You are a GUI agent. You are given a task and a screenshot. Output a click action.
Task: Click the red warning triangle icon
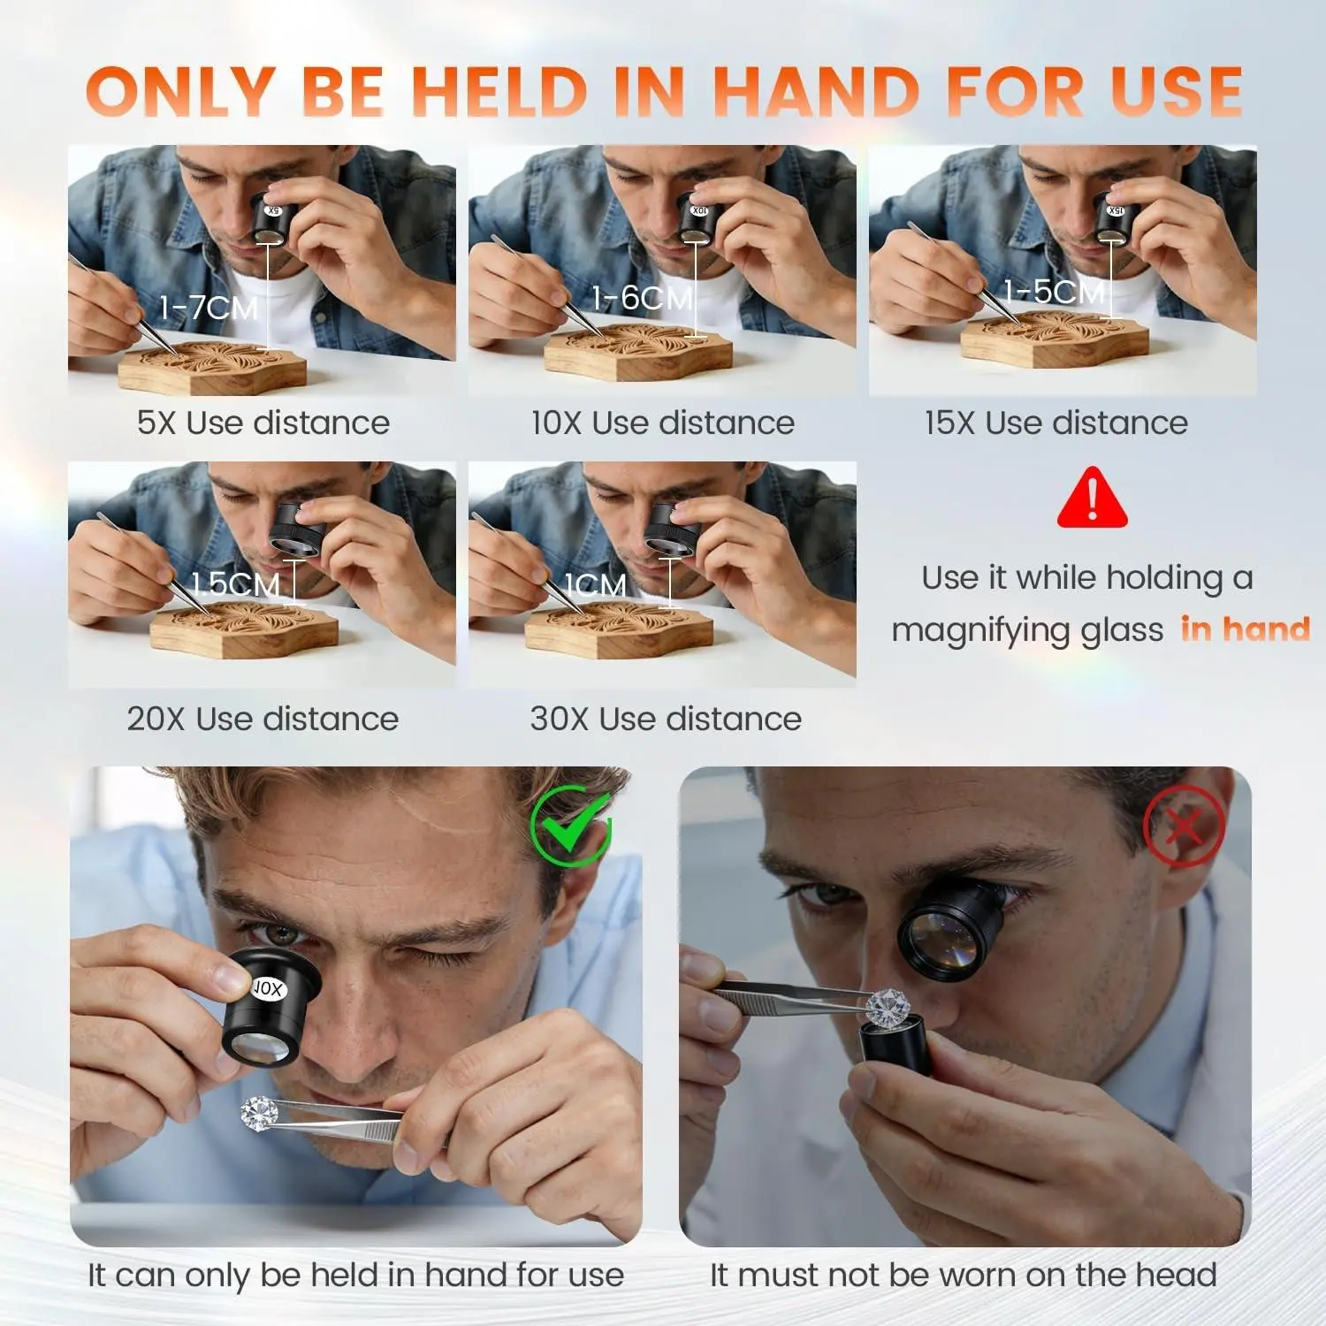point(1093,498)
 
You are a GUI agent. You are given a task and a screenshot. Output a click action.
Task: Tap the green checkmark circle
point(571,827)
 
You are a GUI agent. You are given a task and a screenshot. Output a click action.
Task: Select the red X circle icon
point(1184,827)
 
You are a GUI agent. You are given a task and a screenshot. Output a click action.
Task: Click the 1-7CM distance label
point(209,308)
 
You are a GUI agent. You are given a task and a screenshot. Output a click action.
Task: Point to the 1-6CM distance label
point(642,298)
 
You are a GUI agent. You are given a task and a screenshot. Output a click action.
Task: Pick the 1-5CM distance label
point(1055,291)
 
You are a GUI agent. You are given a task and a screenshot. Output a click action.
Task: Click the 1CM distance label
point(597,584)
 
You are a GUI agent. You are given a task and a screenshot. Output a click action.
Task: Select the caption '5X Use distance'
point(263,423)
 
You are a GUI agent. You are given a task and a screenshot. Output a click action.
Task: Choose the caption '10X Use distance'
point(663,423)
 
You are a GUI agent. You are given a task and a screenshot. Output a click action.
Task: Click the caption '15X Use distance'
point(1056,423)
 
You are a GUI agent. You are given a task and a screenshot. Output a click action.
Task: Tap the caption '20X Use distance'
point(263,719)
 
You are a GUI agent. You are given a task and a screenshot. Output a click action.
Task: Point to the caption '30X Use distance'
point(666,719)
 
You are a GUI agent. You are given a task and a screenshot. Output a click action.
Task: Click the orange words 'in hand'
point(1246,629)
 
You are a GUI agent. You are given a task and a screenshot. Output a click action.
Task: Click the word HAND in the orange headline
point(816,91)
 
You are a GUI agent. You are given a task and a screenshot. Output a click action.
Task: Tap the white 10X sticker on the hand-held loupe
point(267,988)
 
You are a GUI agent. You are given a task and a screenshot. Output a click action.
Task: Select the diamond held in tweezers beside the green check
point(260,1111)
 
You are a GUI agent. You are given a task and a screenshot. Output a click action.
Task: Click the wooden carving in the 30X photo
point(619,629)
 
